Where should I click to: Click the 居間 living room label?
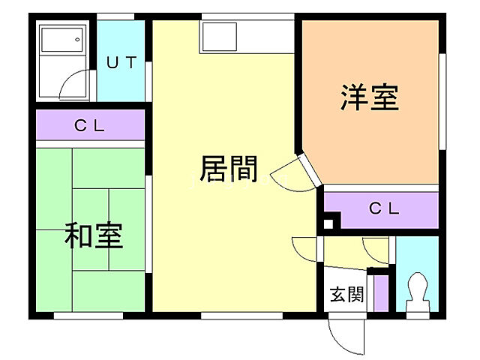pyautogui.click(x=229, y=169)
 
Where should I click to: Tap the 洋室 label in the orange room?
pyautogui.click(x=369, y=98)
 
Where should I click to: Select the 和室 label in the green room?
pyautogui.click(x=93, y=235)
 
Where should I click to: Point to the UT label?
pyautogui.click(x=121, y=63)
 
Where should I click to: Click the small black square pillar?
pyautogui.click(x=328, y=223)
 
